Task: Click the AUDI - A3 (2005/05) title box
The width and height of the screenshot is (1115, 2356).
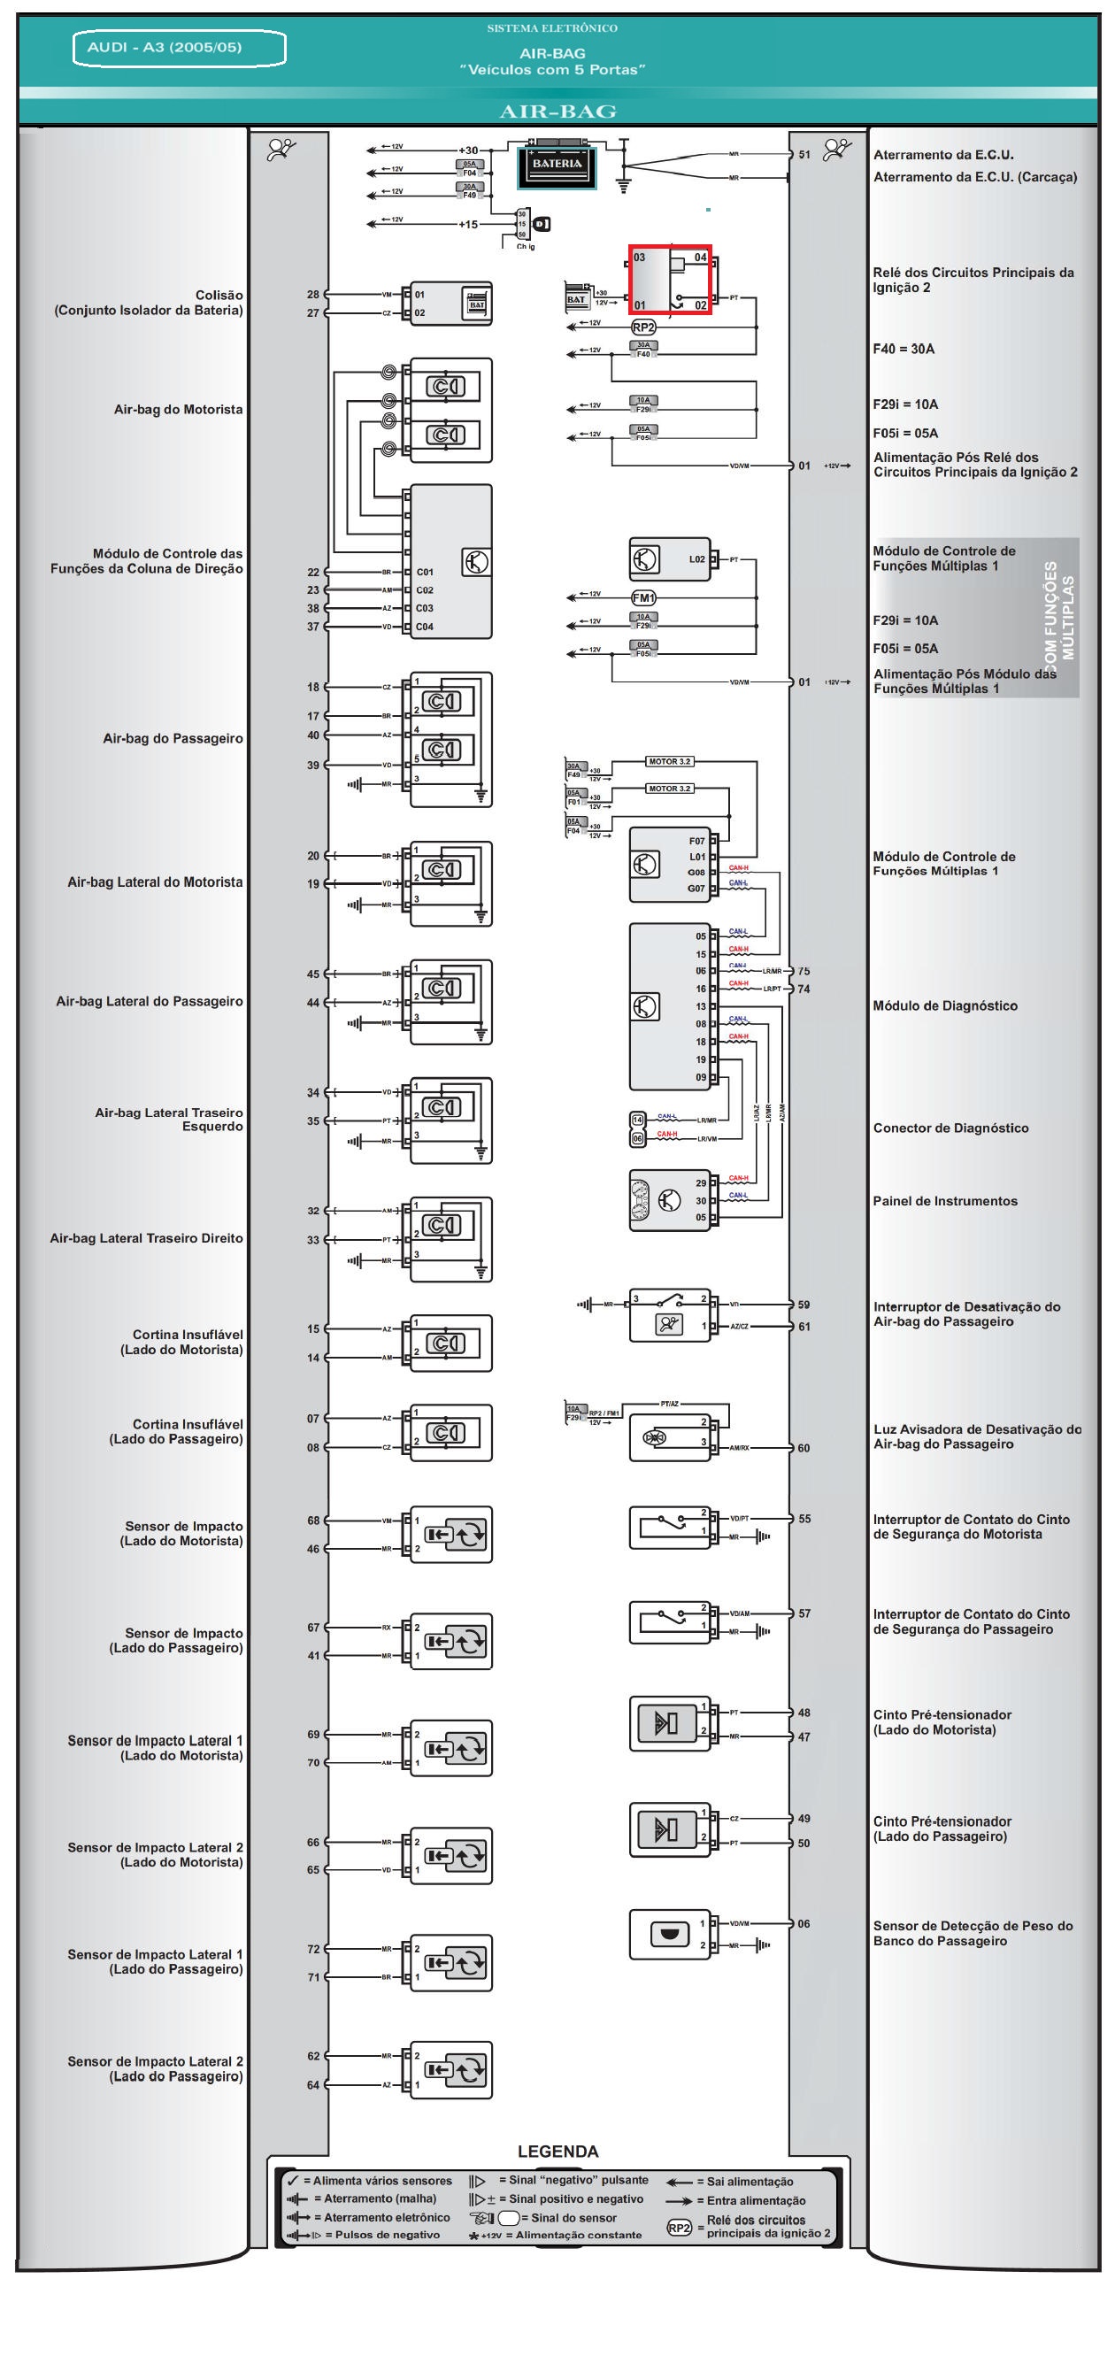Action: tap(180, 49)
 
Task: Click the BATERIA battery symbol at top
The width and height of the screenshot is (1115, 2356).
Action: tap(556, 166)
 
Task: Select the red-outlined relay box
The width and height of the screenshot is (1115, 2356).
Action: tap(670, 279)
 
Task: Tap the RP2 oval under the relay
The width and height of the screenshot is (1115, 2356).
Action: tap(643, 327)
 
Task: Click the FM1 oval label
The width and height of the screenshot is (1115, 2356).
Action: tap(643, 597)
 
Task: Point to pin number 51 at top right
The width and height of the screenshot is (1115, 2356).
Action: tap(804, 155)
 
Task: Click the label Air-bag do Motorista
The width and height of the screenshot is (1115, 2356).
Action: tap(179, 410)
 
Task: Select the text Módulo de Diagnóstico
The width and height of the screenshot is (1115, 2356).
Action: tap(945, 1006)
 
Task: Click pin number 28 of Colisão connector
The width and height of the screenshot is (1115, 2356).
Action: tap(314, 295)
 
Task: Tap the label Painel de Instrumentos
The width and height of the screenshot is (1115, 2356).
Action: tap(945, 1201)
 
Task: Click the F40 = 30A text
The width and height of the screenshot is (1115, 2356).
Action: tap(904, 349)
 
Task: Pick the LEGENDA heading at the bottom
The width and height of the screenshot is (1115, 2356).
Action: tap(558, 2152)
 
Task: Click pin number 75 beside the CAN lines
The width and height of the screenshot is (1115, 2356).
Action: tap(804, 971)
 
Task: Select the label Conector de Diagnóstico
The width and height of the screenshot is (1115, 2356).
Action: tap(950, 1128)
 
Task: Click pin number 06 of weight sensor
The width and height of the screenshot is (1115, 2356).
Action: tap(804, 1923)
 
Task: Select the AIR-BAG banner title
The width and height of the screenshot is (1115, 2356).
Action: tap(558, 112)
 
